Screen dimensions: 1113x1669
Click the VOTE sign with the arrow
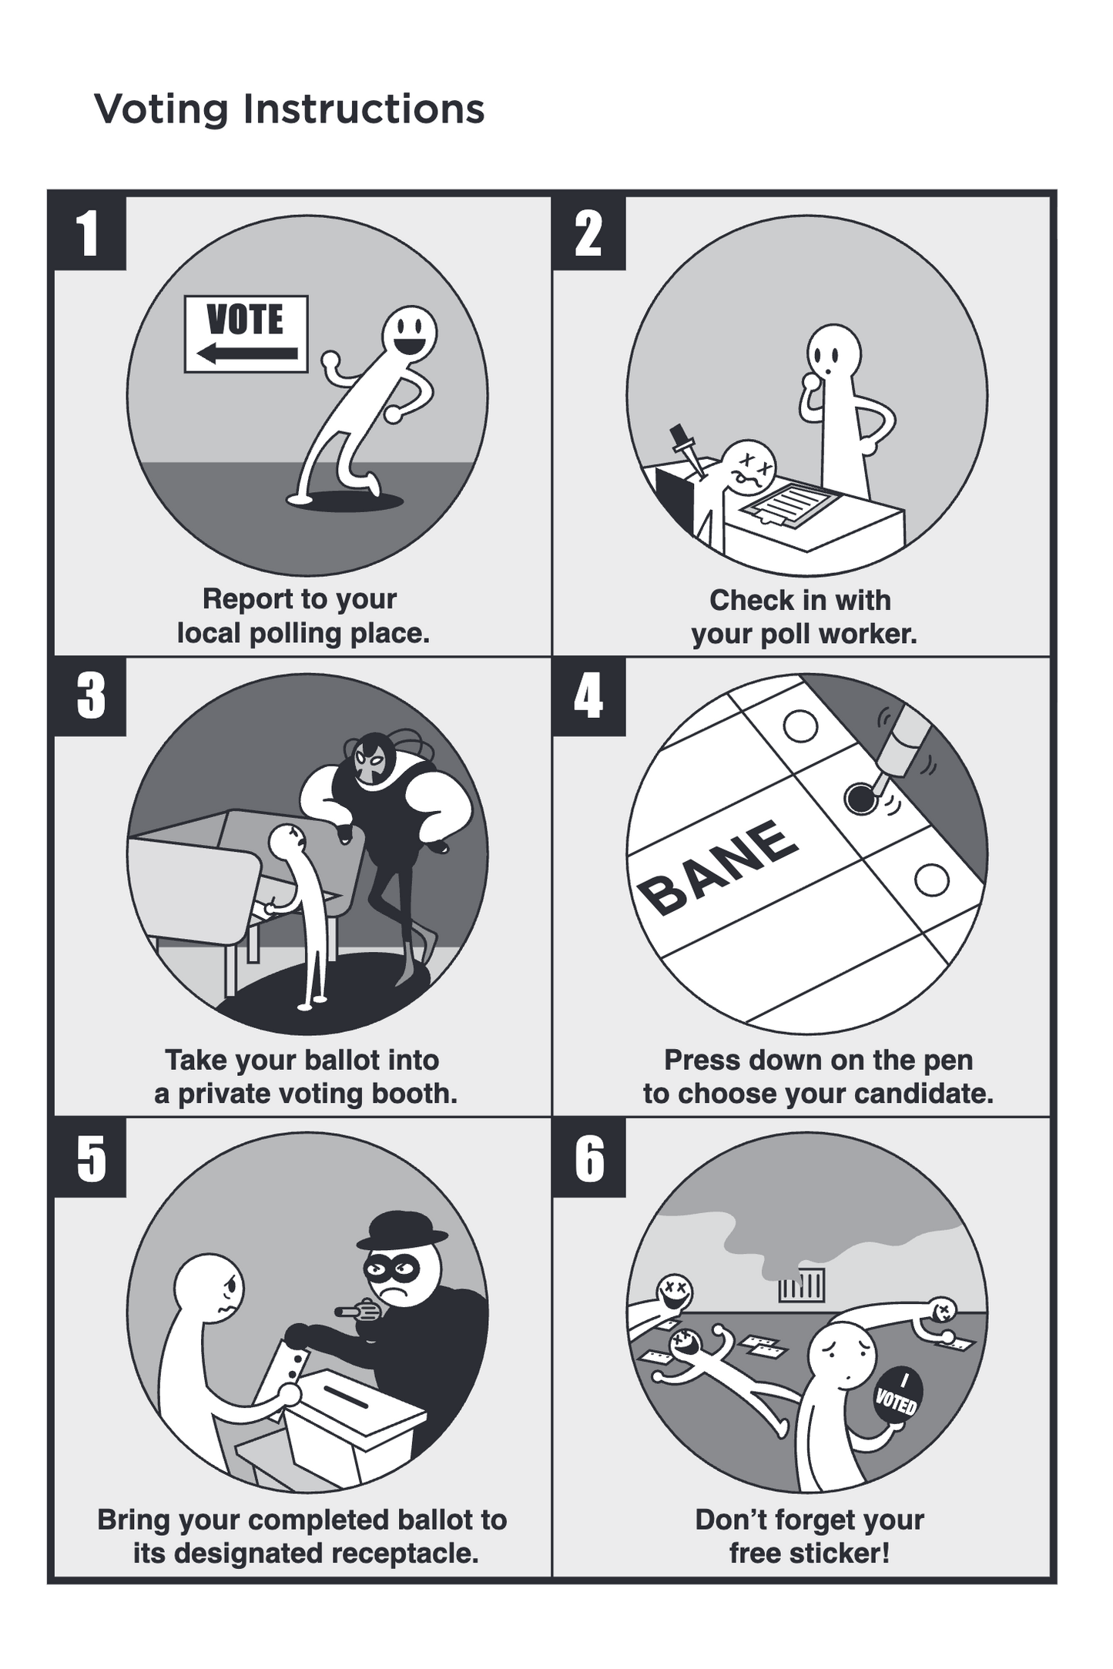click(x=246, y=333)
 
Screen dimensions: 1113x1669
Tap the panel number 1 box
click(x=89, y=233)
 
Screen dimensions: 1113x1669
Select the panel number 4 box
click(x=588, y=696)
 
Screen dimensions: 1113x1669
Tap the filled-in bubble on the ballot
click(x=860, y=799)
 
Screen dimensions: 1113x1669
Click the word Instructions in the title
click(x=364, y=109)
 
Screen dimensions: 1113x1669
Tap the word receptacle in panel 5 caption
click(x=405, y=1553)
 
